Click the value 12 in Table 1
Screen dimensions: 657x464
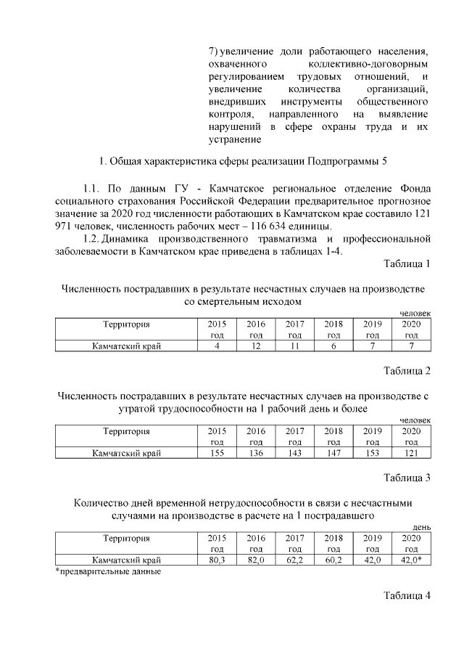tap(256, 346)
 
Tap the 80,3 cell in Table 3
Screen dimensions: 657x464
tap(217, 560)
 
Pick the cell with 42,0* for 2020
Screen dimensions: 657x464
tap(411, 560)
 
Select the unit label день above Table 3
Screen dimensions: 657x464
tap(421, 526)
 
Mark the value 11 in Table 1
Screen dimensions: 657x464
tap(294, 346)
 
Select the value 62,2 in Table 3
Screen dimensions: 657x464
tap(294, 560)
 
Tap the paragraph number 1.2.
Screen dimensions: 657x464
tap(91, 238)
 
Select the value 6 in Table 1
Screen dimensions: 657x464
tap(333, 346)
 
